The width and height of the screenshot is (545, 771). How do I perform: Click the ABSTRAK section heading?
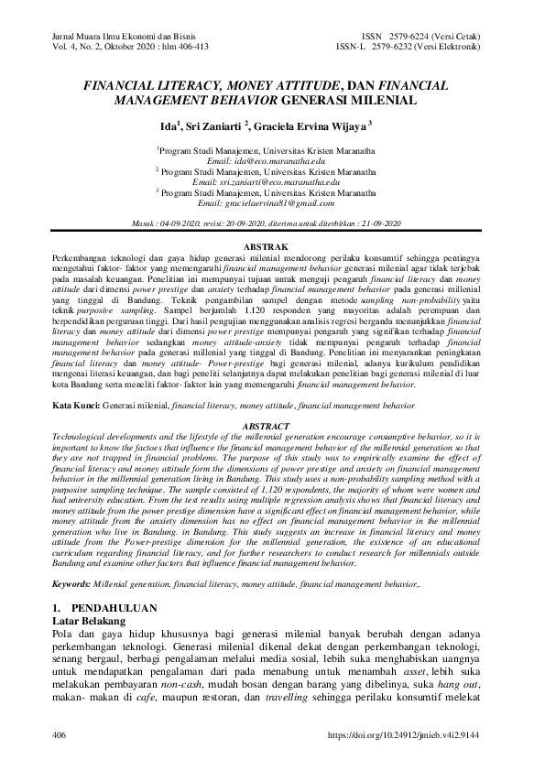point(271,247)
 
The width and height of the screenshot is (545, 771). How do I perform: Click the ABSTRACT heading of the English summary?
point(271,427)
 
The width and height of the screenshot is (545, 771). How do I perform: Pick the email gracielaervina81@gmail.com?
point(266,203)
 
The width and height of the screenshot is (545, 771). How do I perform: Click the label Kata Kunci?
point(76,404)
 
